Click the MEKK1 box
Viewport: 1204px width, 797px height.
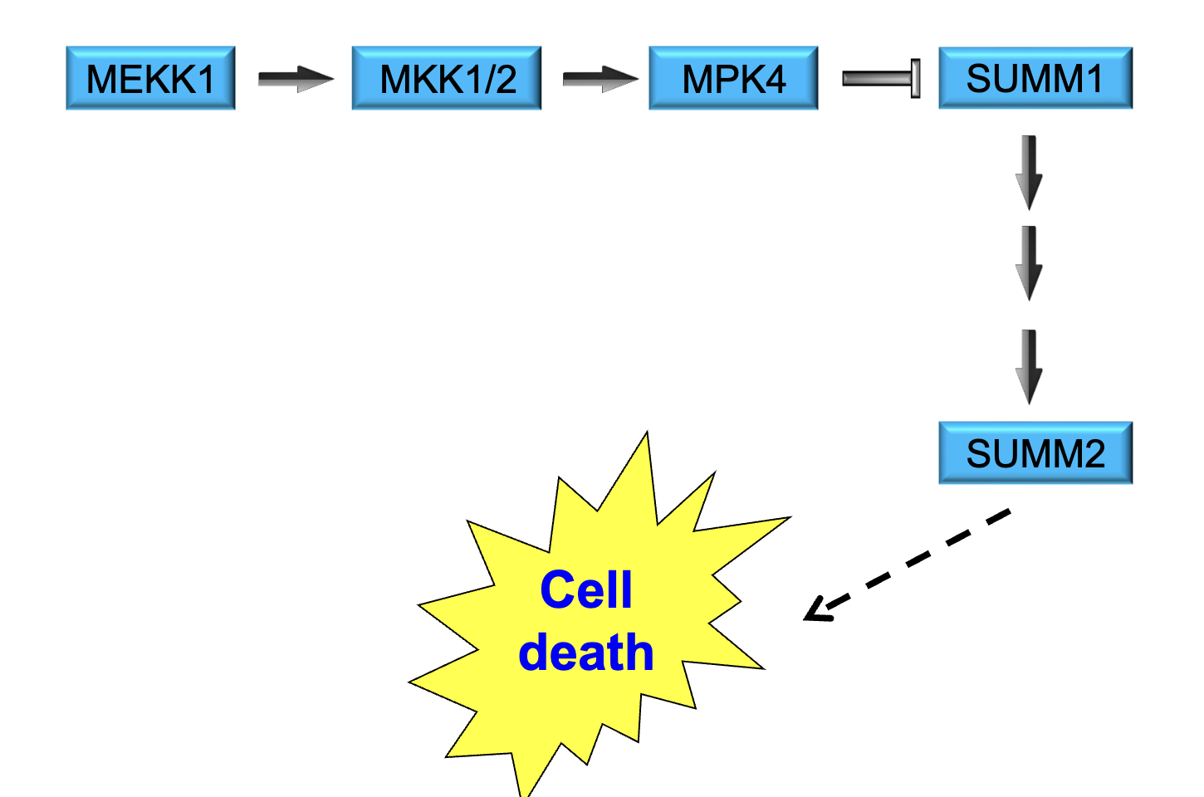point(150,78)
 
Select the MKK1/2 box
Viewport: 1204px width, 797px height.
point(447,78)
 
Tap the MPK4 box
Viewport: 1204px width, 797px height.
point(733,78)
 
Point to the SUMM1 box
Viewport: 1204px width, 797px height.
point(1035,78)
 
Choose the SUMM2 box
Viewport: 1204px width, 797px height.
point(1035,453)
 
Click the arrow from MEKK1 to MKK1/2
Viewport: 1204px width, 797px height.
point(295,79)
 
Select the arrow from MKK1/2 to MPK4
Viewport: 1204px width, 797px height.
point(600,79)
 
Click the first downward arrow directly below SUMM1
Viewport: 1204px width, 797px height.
point(1030,172)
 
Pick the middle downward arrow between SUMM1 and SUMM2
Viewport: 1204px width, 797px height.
point(1030,262)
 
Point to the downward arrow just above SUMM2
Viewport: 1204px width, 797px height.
point(1030,366)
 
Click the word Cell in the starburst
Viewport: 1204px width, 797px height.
point(585,590)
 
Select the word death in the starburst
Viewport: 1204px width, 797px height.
point(585,653)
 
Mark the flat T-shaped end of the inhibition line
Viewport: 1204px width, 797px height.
point(915,79)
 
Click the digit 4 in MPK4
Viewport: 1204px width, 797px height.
point(774,80)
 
